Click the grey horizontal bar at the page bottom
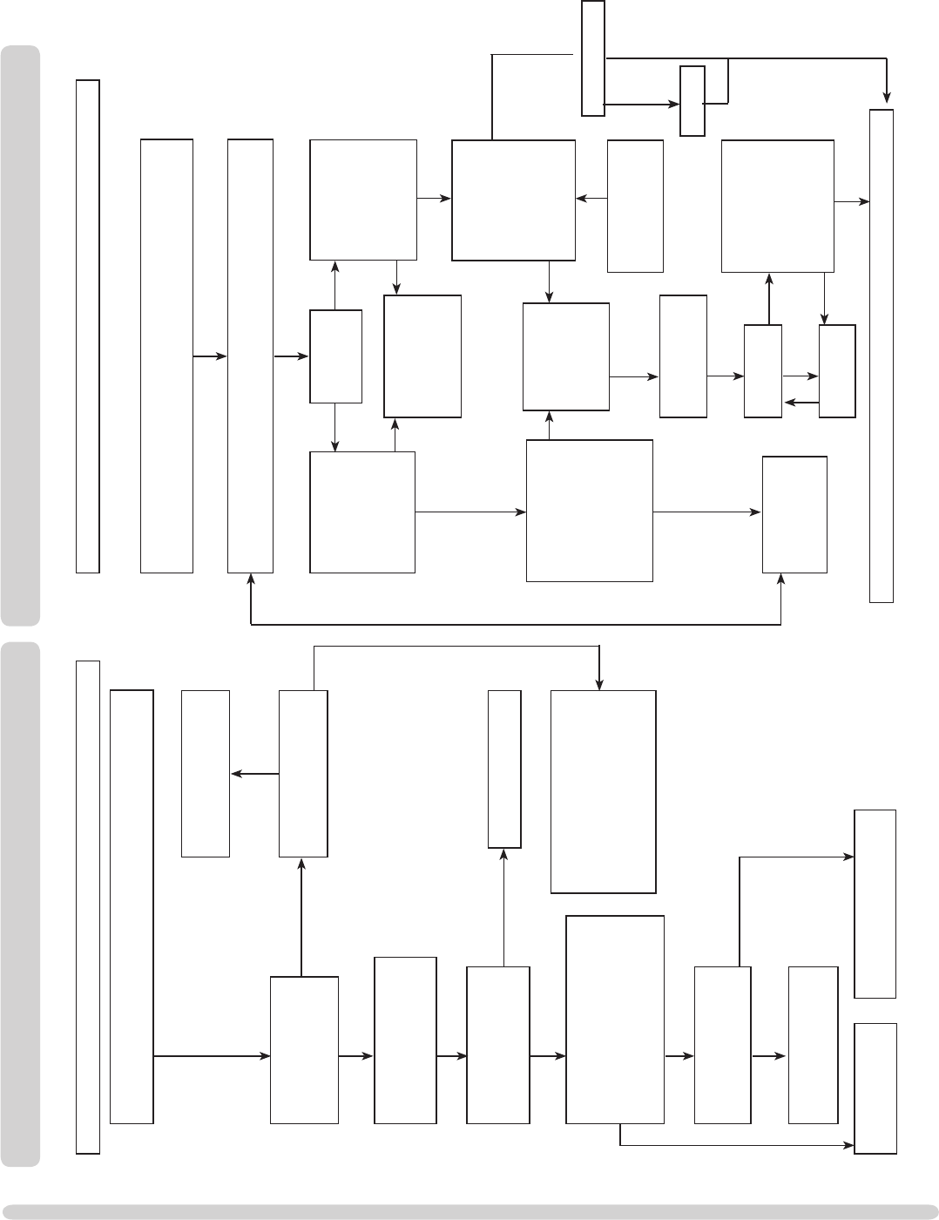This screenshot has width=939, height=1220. point(469,1211)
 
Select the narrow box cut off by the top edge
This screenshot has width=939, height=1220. point(593,58)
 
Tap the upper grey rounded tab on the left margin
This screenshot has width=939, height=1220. point(20,335)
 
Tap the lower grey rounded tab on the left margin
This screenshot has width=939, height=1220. point(20,904)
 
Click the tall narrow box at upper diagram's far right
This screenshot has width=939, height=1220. point(882,356)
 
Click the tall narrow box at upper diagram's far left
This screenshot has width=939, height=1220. point(88,326)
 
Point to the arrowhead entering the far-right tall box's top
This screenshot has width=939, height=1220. point(887,96)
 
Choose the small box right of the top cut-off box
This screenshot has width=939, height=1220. point(692,100)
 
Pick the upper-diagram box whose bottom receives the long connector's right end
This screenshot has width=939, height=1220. point(794,514)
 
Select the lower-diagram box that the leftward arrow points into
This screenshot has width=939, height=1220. point(206,774)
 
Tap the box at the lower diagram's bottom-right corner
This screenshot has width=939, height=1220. point(875,1088)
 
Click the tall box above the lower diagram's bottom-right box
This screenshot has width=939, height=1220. point(875,904)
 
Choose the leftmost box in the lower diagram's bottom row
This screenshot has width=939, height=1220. point(304,1049)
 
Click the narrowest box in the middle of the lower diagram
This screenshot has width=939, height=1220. point(504,769)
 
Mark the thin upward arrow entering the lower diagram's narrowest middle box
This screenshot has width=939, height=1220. point(504,906)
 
